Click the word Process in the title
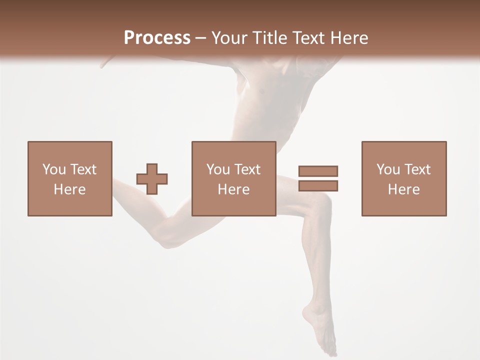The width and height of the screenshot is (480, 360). [x=157, y=38]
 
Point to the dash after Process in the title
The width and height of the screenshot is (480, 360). [x=201, y=38]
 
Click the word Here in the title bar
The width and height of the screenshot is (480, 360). [x=348, y=38]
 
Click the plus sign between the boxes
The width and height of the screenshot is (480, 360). [x=152, y=178]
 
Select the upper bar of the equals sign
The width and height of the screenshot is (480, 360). [x=318, y=171]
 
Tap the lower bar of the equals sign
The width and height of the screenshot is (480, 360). [x=318, y=185]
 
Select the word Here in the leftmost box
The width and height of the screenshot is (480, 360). [x=69, y=189]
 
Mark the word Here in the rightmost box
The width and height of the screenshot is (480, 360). [x=403, y=189]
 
